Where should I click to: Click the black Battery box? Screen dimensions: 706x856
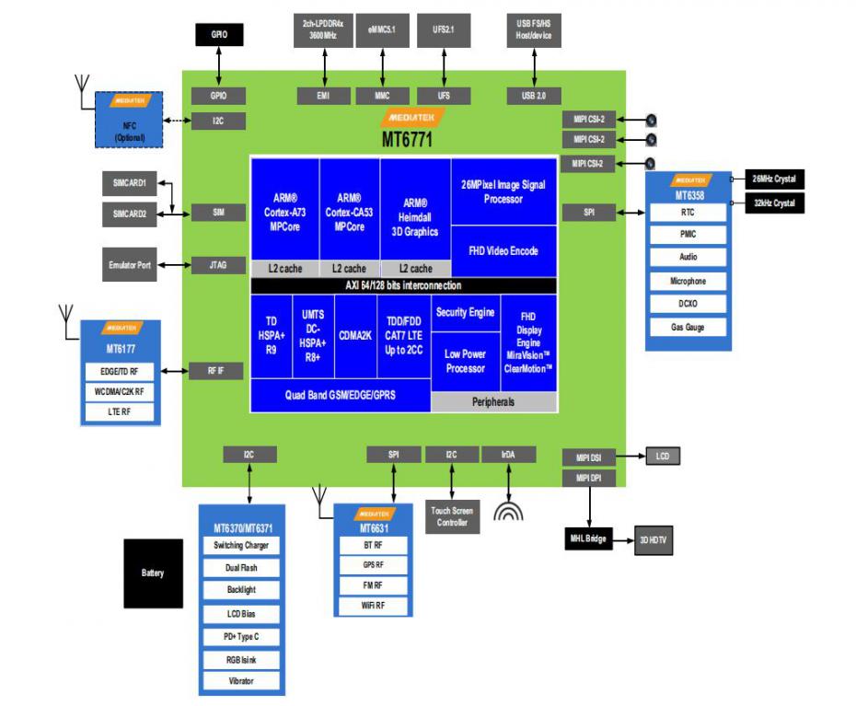pyautogui.click(x=153, y=573)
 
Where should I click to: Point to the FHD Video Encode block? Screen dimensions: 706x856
pyautogui.click(x=503, y=251)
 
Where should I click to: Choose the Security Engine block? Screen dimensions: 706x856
pyautogui.click(x=465, y=313)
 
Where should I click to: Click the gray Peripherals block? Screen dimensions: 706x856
pyautogui.click(x=493, y=402)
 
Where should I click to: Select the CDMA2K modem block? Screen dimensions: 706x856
pyautogui.click(x=354, y=336)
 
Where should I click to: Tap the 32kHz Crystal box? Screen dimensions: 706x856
pyautogui.click(x=774, y=203)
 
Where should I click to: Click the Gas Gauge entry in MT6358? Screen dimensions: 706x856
pyautogui.click(x=688, y=327)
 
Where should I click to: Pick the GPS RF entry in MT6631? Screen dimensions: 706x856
pyautogui.click(x=374, y=564)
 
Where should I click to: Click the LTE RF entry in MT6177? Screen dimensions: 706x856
pyautogui.click(x=121, y=412)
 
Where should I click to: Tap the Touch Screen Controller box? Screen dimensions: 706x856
pyautogui.click(x=452, y=516)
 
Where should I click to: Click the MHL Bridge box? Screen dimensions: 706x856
pyautogui.click(x=588, y=538)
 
